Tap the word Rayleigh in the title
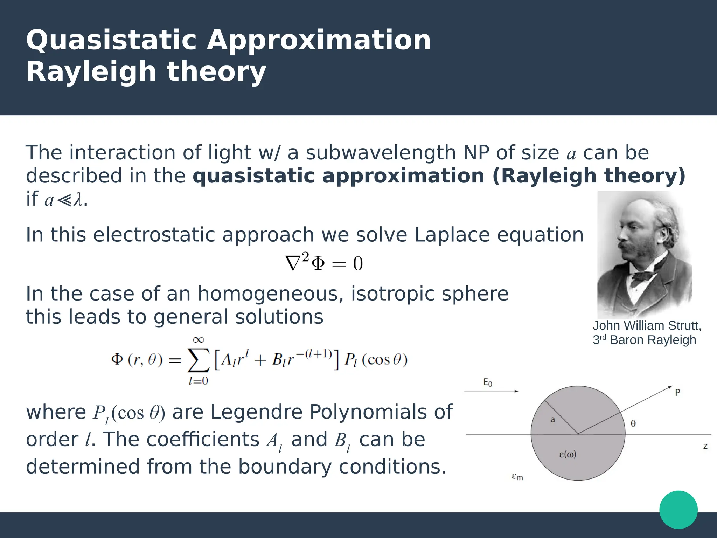point(91,72)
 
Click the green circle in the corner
point(678,510)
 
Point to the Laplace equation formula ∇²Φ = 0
point(324,263)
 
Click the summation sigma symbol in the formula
point(199,360)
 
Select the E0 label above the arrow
point(487,382)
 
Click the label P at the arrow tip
point(677,392)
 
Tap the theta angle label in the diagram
point(633,424)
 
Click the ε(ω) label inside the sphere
point(568,455)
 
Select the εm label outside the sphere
point(517,477)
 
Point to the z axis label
point(705,446)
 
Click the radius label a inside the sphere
point(552,419)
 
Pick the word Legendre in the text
point(256,412)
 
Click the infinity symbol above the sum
point(198,339)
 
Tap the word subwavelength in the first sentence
point(381,153)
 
